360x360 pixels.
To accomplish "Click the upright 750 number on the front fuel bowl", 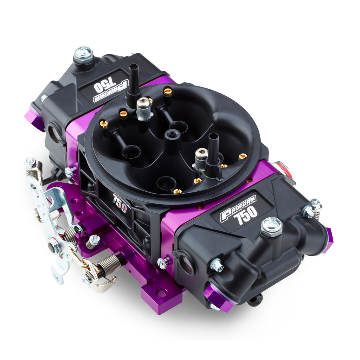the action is pos(247,215).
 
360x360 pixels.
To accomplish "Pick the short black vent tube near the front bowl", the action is pos(213,153).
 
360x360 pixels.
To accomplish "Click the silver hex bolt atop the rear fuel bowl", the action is pos(83,55).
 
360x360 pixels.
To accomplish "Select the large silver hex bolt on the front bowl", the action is pos(272,227).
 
